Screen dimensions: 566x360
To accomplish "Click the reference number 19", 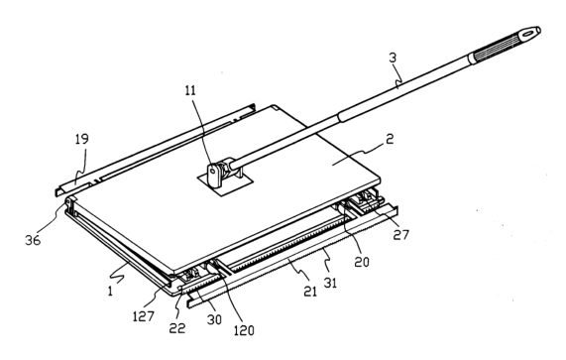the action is pos(82,140).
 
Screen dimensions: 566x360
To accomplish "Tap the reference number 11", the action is pos(190,90).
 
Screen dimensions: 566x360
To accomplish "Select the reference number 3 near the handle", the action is pos(393,58).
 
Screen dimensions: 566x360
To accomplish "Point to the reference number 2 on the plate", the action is pos(390,139).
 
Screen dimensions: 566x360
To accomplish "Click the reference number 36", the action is pos(33,240).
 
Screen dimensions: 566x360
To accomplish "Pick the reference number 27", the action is pos(400,235).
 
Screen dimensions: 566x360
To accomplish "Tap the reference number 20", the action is pos(362,262).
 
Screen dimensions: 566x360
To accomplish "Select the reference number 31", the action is pos(330,283).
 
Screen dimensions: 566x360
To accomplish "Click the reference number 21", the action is pos(309,291).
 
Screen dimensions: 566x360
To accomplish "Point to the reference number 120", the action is pos(244,330).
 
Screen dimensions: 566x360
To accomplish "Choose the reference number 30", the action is pos(214,319).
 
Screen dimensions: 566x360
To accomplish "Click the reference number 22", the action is pos(177,328).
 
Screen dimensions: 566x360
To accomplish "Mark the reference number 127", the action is pos(144,316).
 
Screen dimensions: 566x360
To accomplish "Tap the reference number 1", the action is pos(110,291).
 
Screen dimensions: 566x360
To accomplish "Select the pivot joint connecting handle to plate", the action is pos(222,171).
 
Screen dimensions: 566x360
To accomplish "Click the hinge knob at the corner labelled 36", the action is pos(69,200).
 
